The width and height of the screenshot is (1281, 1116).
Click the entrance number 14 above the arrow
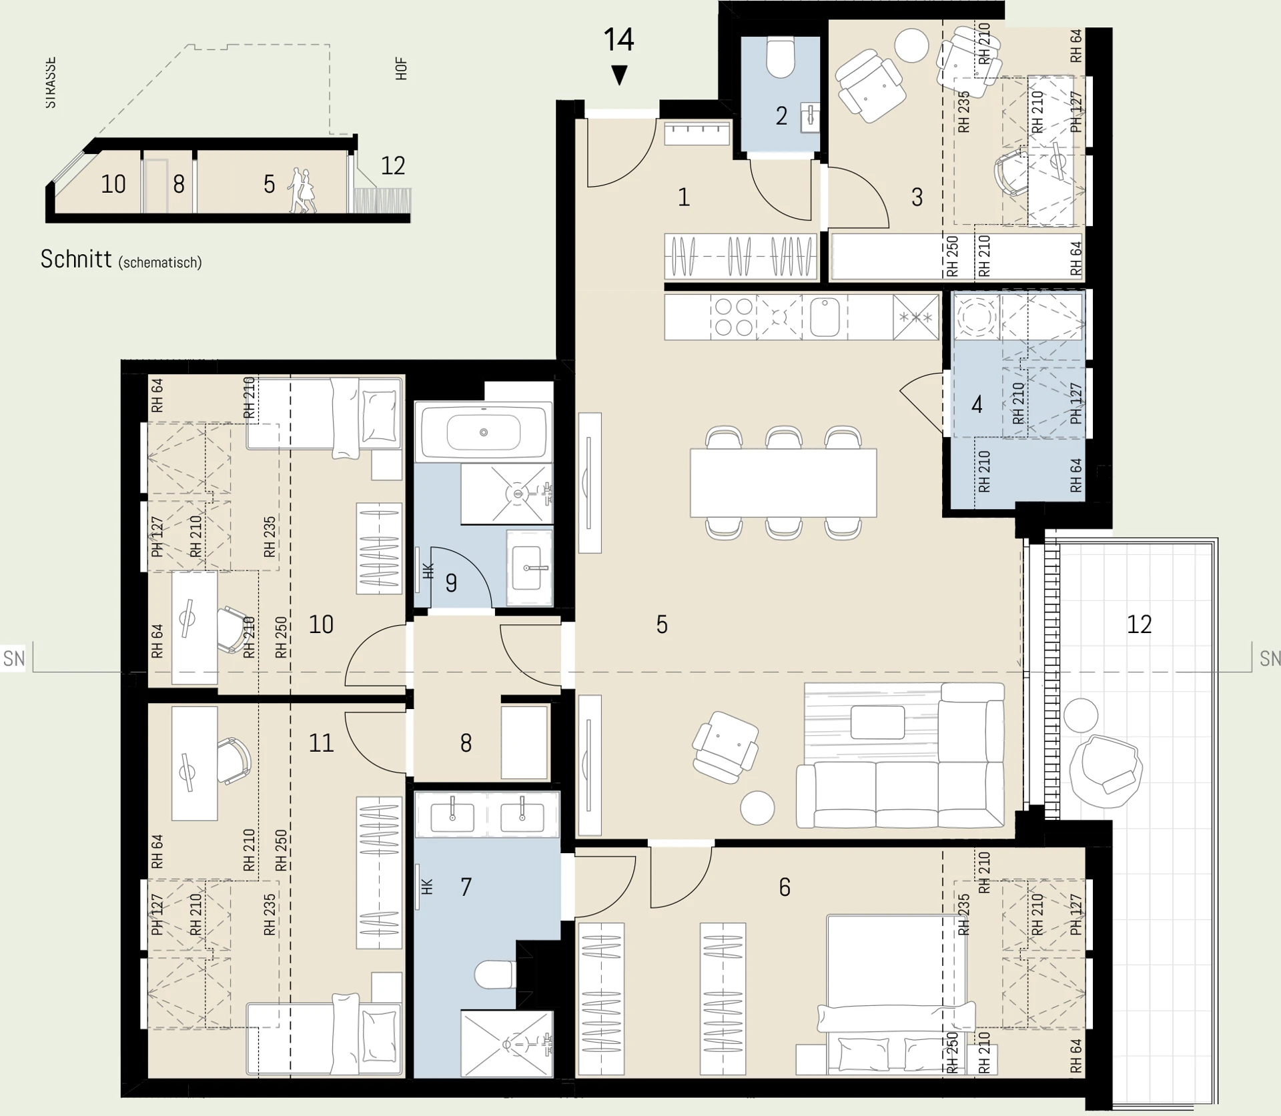pyautogui.click(x=618, y=39)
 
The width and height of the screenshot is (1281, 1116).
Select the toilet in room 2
pyautogui.click(x=781, y=59)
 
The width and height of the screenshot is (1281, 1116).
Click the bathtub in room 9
pyautogui.click(x=484, y=432)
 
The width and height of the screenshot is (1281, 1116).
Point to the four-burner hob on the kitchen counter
pyautogui.click(x=734, y=317)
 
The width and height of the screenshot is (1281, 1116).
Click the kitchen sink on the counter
pyautogui.click(x=825, y=317)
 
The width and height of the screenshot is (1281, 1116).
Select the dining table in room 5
pyautogui.click(x=783, y=483)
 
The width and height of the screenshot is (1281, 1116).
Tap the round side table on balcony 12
pyautogui.click(x=1081, y=714)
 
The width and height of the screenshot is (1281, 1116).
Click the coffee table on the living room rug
pyautogui.click(x=877, y=722)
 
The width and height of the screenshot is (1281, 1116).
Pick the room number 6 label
pyautogui.click(x=785, y=887)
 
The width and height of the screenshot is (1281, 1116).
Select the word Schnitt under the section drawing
pyautogui.click(x=76, y=259)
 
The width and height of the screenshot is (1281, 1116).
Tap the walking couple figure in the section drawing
pyautogui.click(x=302, y=191)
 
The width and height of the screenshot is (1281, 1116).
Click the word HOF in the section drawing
pyautogui.click(x=401, y=69)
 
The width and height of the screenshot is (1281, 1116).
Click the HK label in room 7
pyautogui.click(x=428, y=887)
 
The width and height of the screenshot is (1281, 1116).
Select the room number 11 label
pyautogui.click(x=321, y=742)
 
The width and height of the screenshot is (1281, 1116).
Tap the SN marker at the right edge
pyautogui.click(x=1270, y=659)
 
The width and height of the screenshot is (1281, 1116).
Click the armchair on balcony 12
pyautogui.click(x=1106, y=770)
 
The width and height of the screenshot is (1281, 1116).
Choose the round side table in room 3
pyautogui.click(x=911, y=45)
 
